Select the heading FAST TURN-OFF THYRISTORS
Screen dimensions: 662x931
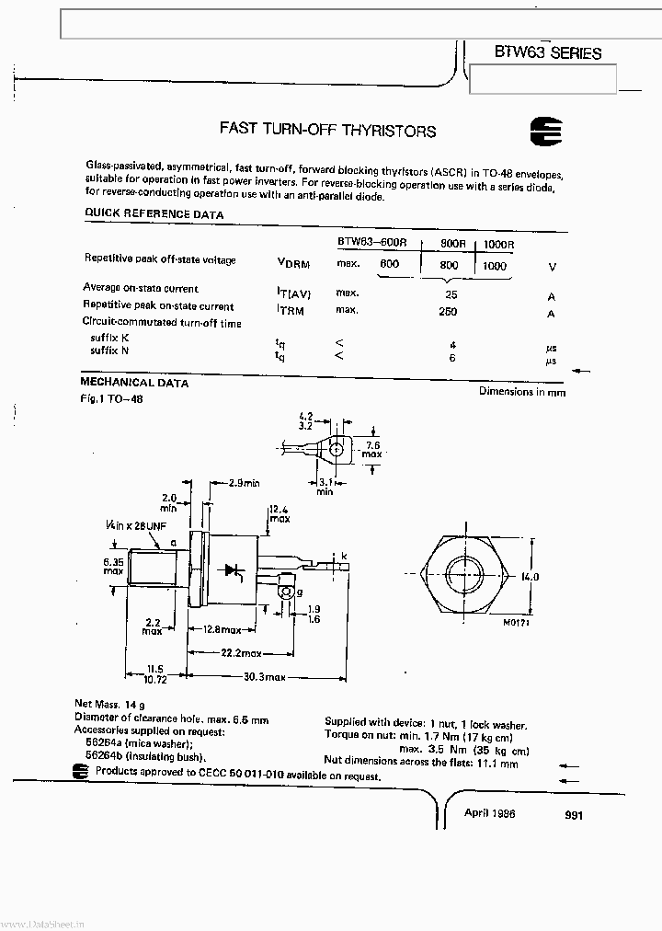(x=327, y=131)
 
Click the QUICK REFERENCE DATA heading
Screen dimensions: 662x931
(x=154, y=214)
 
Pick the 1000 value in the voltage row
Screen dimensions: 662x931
(x=494, y=266)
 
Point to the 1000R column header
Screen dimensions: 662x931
(x=498, y=244)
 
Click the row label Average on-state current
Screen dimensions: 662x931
(x=141, y=288)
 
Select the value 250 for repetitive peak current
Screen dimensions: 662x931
(x=448, y=312)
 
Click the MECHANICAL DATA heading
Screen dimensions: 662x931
(x=134, y=383)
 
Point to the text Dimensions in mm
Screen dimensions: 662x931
(x=521, y=392)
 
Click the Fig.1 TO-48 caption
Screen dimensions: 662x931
(x=112, y=399)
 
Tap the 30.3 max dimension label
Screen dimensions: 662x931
(x=263, y=676)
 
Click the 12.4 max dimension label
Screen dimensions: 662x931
(x=279, y=514)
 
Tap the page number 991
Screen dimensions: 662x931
(x=575, y=815)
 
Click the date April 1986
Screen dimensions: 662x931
(x=490, y=813)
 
